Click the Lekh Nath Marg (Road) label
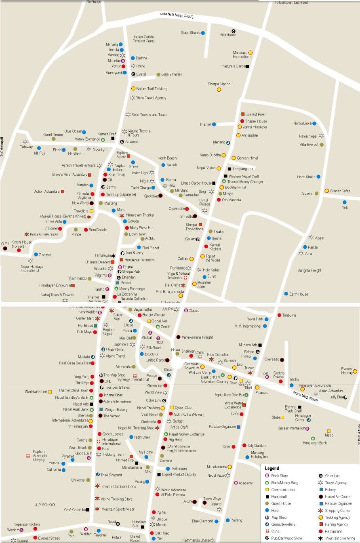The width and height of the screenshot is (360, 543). point(177,16)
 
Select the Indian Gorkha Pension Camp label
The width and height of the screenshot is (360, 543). point(144,39)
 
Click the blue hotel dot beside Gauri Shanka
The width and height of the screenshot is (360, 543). point(203,33)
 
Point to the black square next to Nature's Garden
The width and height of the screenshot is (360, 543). point(247,67)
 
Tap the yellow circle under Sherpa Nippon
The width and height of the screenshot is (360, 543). point(219,90)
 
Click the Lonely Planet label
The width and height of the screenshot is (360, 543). point(171,74)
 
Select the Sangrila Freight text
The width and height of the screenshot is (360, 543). point(309,270)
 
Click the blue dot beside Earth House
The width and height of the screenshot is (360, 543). point(286,294)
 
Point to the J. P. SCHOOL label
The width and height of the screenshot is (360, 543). point(45,505)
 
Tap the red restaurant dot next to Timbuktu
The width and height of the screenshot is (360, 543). point(279,315)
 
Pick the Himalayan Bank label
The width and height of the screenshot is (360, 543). point(315,443)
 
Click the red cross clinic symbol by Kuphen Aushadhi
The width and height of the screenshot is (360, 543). point(28,456)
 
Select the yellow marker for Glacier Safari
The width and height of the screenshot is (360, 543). point(326,191)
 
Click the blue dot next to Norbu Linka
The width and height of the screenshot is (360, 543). point(314,124)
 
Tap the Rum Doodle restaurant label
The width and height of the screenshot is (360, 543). point(98,229)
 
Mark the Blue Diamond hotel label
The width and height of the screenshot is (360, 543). point(202,521)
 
